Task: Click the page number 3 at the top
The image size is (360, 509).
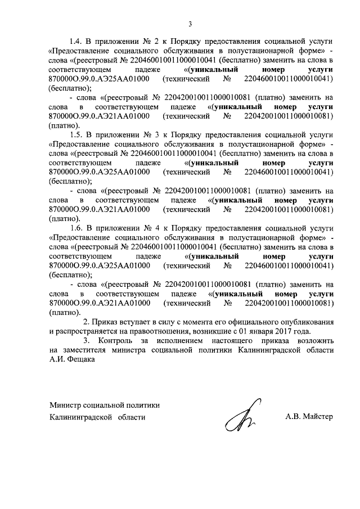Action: (x=190, y=24)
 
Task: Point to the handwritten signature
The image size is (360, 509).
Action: (x=242, y=417)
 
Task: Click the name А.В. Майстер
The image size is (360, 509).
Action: (x=309, y=417)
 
